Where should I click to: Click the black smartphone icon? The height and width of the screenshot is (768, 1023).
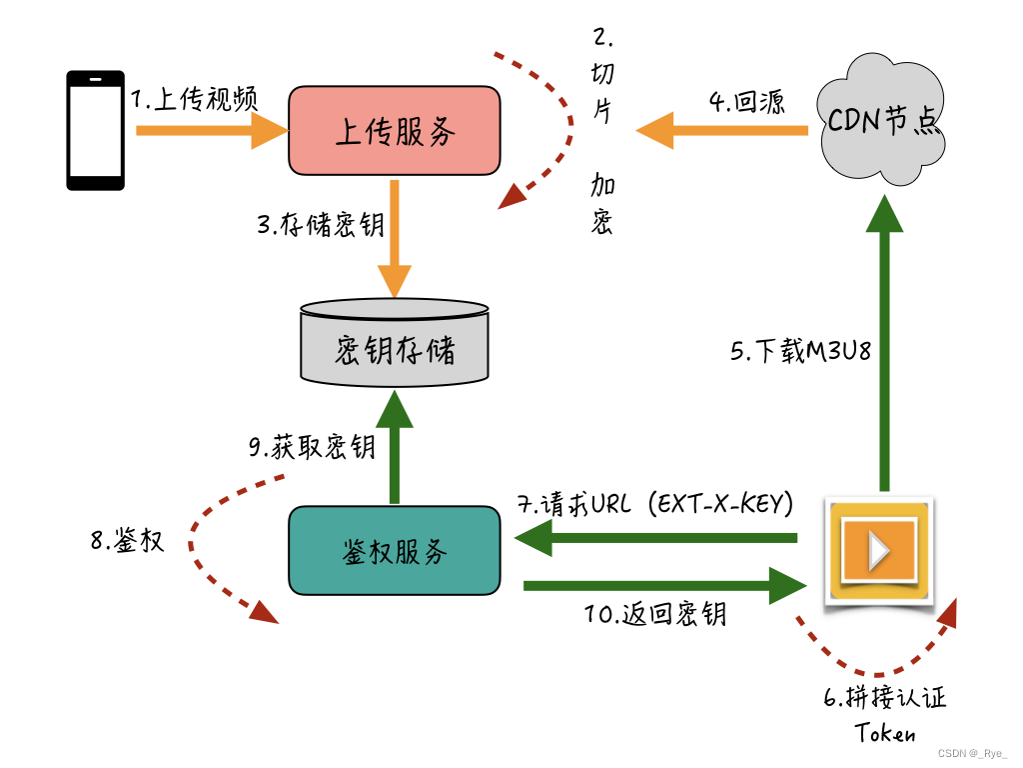pyautogui.click(x=95, y=130)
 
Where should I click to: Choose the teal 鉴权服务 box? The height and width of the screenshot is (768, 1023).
pyautogui.click(x=395, y=551)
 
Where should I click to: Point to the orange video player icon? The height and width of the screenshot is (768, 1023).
pyautogui.click(x=879, y=552)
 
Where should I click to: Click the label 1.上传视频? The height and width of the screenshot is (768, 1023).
pyautogui.click(x=196, y=99)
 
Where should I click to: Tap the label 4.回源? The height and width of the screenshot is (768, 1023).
pyautogui.click(x=746, y=101)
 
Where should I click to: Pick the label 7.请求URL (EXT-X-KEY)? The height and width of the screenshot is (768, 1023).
pyautogui.click(x=655, y=504)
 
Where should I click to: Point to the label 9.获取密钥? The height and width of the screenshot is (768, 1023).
pyautogui.click(x=312, y=447)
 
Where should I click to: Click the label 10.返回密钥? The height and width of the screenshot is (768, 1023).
pyautogui.click(x=655, y=614)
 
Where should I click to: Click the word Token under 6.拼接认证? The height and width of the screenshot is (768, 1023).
pyautogui.click(x=885, y=733)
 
